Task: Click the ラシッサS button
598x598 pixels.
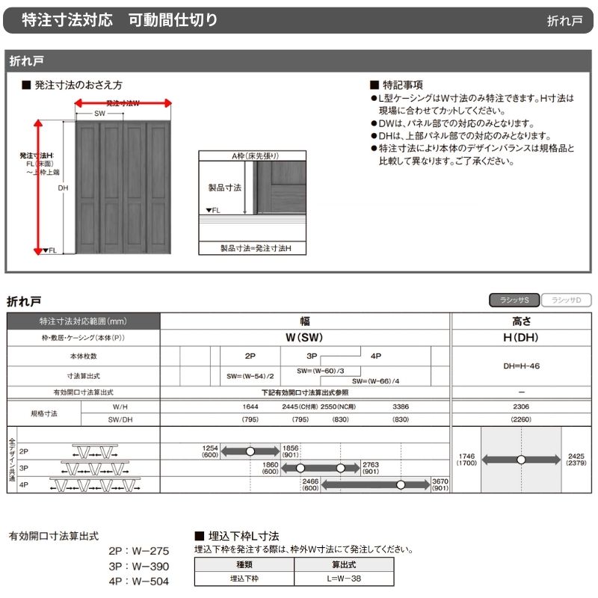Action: point(514,300)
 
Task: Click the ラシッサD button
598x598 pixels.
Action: point(566,300)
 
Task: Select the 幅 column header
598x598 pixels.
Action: point(305,321)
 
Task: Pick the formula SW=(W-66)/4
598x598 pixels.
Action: point(381,380)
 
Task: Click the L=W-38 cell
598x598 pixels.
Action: point(343,578)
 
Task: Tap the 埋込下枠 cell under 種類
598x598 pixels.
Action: point(244,578)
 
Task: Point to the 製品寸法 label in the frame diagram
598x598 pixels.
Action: point(224,188)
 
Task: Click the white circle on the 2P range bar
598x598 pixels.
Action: point(250,451)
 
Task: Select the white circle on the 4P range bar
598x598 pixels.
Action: point(401,485)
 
